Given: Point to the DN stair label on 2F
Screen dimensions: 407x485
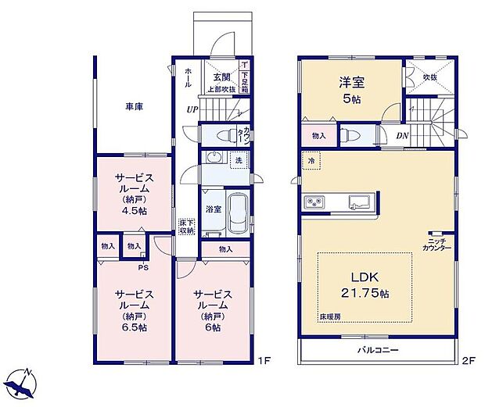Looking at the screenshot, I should (402, 136).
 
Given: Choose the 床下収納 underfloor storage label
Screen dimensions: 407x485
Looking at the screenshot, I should (185, 226).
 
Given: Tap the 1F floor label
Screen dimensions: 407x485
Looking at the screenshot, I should (264, 360).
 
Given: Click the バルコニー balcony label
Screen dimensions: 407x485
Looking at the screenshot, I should (379, 350).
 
